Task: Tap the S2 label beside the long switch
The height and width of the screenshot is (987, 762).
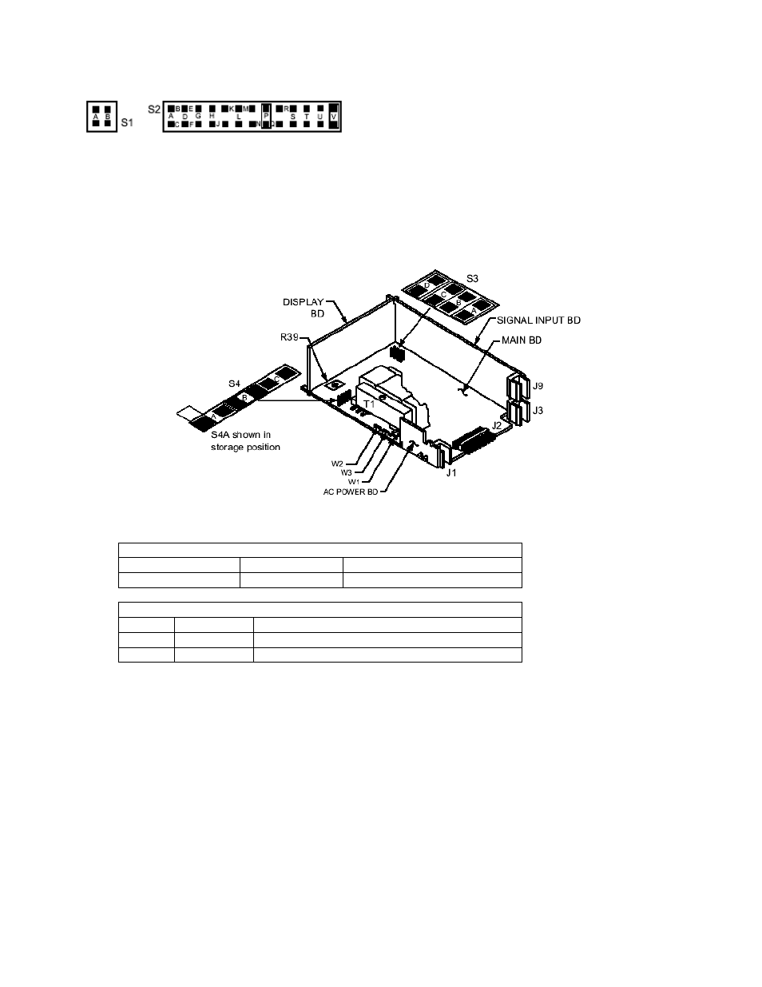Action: [x=154, y=108]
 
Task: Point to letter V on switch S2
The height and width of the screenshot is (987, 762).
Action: [x=333, y=117]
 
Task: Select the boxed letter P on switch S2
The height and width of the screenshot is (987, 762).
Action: [x=266, y=116]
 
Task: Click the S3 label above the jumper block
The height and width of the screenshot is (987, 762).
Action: [x=472, y=278]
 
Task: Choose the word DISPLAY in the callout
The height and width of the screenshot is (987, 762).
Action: [x=304, y=302]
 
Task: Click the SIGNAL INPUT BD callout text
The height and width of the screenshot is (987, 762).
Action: [x=538, y=320]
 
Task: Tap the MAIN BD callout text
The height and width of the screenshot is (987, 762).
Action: [x=522, y=340]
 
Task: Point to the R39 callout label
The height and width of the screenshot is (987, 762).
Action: [x=290, y=338]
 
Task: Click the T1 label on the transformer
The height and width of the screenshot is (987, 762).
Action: [x=370, y=404]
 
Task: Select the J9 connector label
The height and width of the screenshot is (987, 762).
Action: [x=538, y=387]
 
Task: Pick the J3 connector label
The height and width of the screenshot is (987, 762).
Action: [x=538, y=410]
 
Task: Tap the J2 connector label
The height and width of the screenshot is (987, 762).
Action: [x=497, y=426]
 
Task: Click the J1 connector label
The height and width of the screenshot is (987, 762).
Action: [x=451, y=473]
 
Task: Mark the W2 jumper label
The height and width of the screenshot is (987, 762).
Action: [x=337, y=464]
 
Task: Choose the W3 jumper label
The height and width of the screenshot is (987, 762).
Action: [x=346, y=472]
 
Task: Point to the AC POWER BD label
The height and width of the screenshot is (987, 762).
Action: [x=351, y=492]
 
